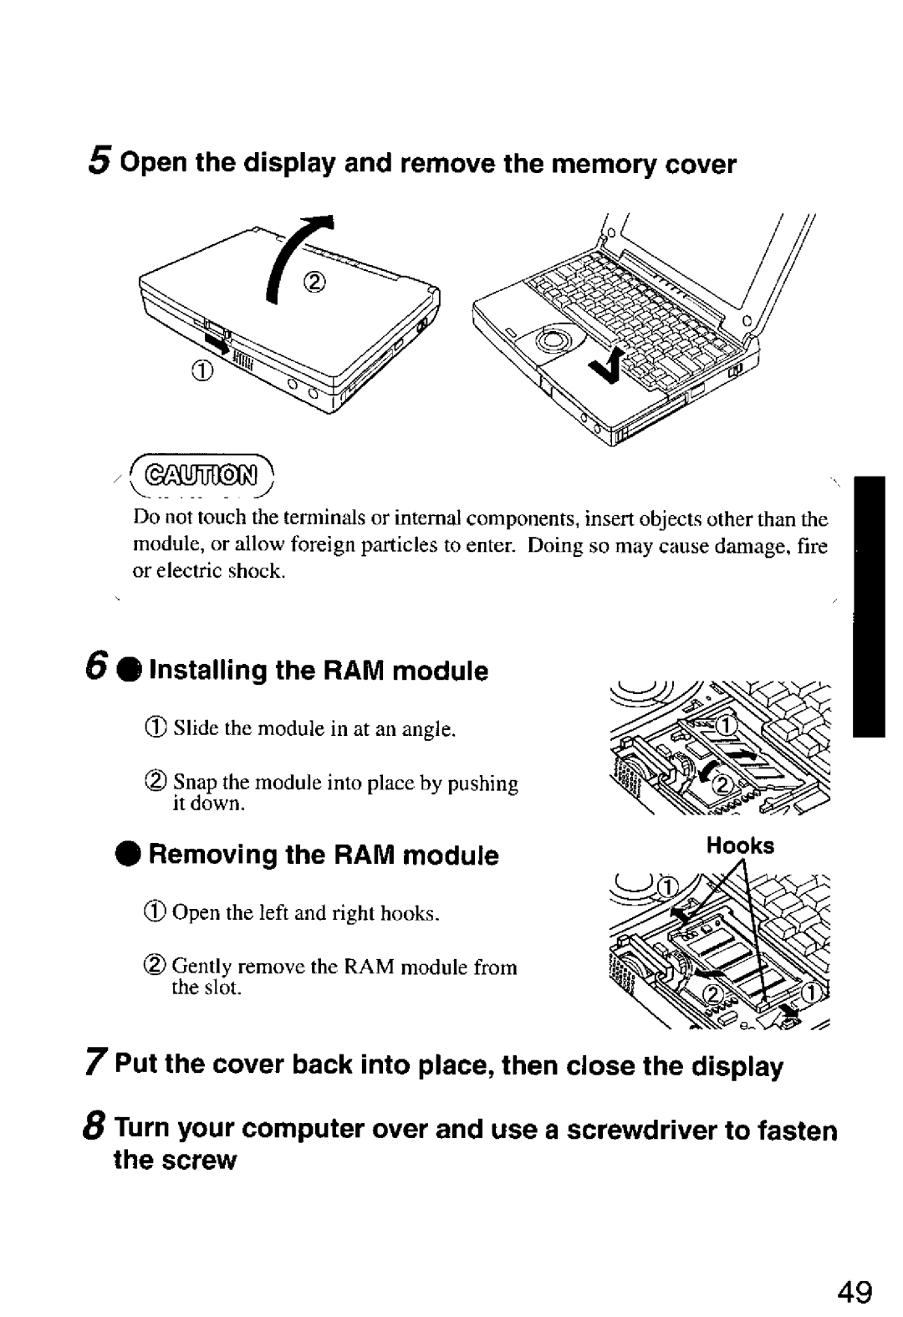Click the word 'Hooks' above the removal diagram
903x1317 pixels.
(740, 845)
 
